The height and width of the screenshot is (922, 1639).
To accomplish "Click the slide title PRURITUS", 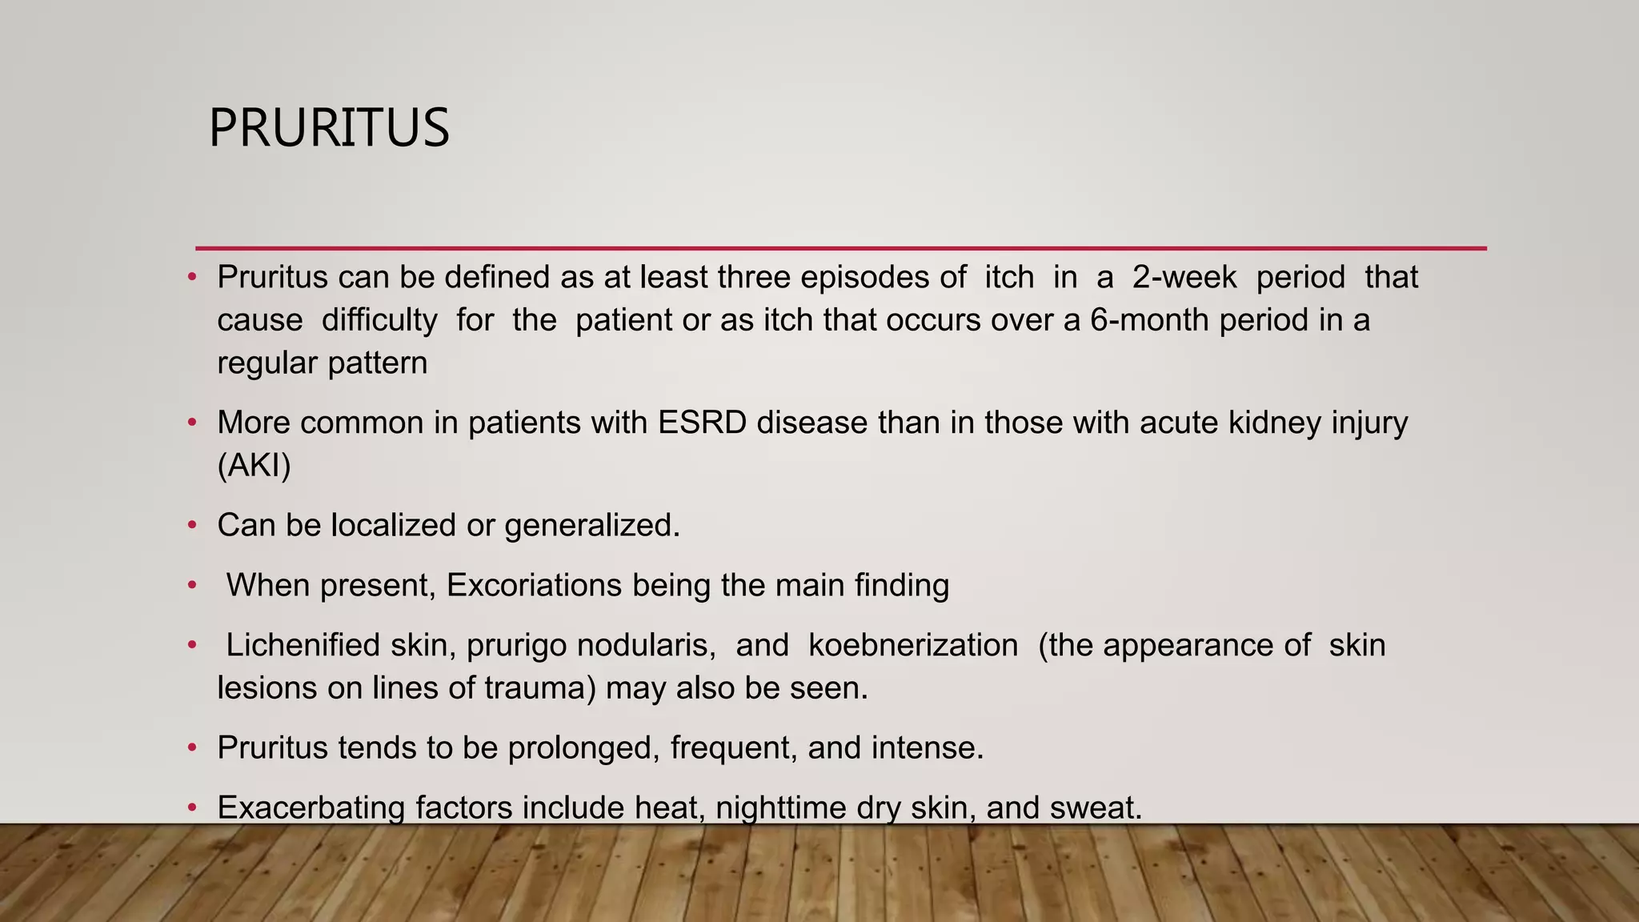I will tap(329, 128).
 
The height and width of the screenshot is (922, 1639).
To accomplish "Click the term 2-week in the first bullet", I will tap(1184, 278).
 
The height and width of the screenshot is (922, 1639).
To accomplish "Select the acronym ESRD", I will tap(702, 423).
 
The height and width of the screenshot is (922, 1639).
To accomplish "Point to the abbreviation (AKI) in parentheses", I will tap(254, 465).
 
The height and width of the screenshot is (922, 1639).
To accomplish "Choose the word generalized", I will tap(591, 526).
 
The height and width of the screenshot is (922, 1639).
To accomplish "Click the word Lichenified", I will tap(303, 645).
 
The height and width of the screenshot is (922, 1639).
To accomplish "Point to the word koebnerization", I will tap(913, 645).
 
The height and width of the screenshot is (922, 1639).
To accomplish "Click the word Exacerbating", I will tap(311, 808).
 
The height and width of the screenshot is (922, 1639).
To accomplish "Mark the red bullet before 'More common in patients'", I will tap(192, 423).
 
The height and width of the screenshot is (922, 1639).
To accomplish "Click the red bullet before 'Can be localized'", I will tap(192, 526).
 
